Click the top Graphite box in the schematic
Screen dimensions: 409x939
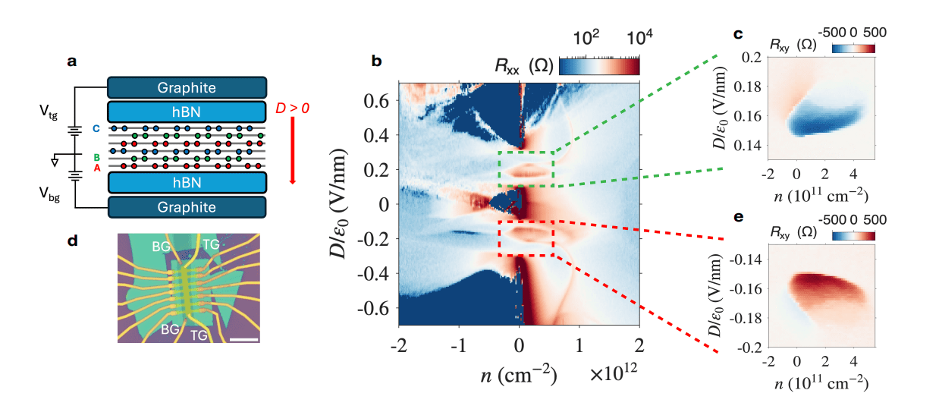(187, 87)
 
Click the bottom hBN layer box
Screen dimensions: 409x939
(187, 183)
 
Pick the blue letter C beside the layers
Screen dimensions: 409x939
(96, 128)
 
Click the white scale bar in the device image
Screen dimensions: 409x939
(244, 339)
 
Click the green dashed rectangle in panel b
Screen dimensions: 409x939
(526, 168)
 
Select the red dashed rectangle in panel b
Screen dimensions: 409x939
(526, 238)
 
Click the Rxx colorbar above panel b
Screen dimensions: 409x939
(598, 67)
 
